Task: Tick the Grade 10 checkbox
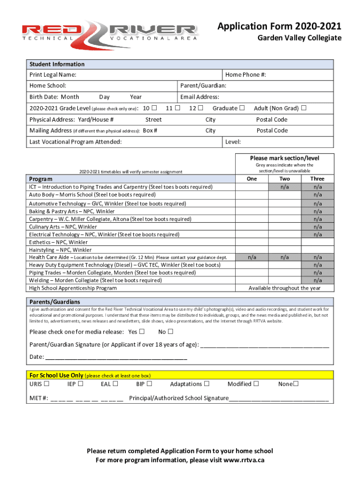tap(154, 109)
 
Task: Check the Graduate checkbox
tap(242, 109)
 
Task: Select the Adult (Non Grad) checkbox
tap(304, 109)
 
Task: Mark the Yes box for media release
tap(143, 332)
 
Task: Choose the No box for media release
tap(171, 332)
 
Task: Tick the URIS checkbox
tap(47, 384)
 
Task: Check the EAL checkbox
tap(115, 384)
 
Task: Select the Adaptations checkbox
tap(207, 384)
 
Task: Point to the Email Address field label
tap(200, 97)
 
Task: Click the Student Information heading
tap(57, 64)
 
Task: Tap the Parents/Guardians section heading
tap(54, 302)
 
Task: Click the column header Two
tap(284, 179)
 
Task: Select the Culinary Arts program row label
tap(63, 227)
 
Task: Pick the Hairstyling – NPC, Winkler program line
tap(60, 250)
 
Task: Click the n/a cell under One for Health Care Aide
tap(252, 257)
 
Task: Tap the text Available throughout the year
tap(284, 288)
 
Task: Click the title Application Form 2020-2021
tap(279, 27)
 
